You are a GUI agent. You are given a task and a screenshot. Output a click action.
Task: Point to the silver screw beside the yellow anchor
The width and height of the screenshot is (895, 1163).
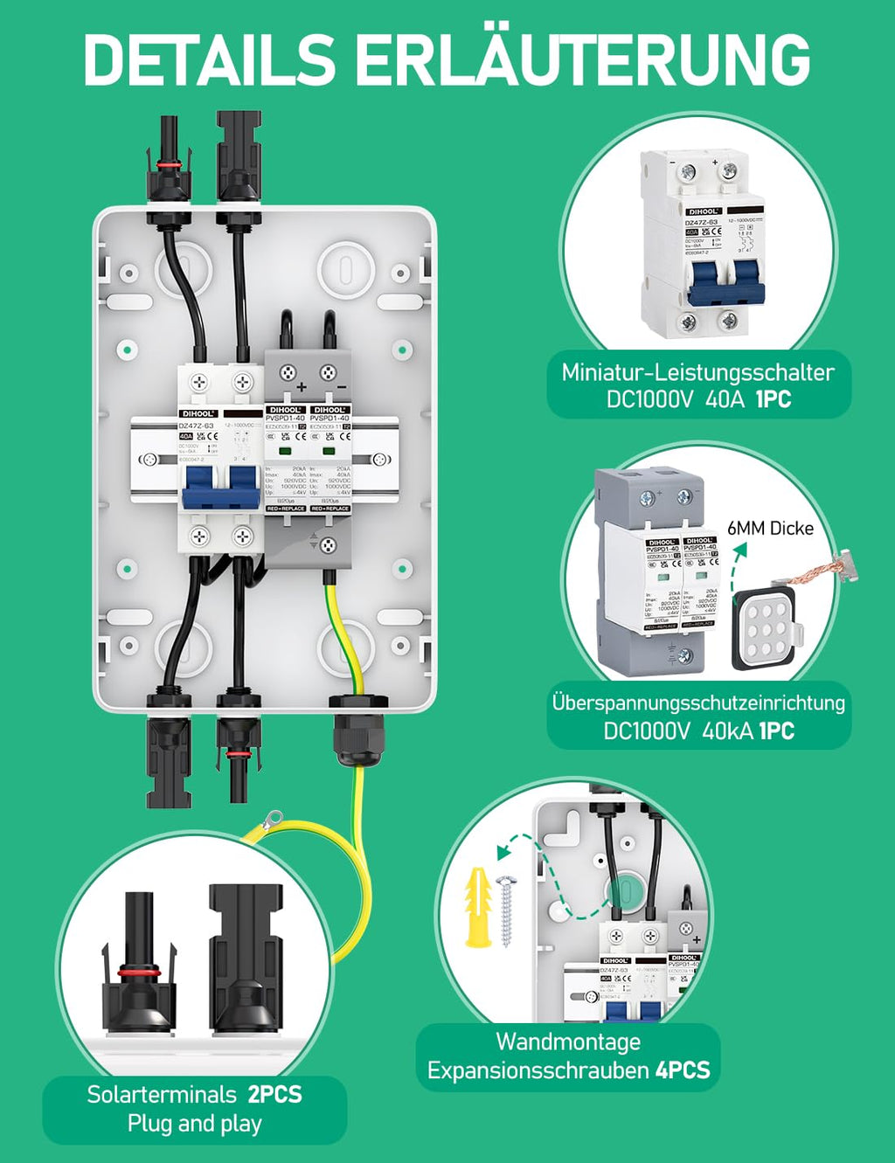coord(508,914)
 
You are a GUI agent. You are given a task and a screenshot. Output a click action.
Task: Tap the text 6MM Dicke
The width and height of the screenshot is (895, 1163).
coord(770,528)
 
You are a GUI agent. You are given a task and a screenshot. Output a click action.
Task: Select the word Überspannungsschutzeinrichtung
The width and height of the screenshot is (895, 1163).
coord(698,703)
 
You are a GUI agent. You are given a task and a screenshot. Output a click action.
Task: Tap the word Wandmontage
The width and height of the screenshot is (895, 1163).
coord(568,1042)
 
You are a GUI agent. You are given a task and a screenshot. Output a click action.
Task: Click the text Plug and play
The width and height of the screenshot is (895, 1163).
coord(194,1124)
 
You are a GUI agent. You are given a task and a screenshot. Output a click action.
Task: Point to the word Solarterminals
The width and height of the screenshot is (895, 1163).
coord(162,1094)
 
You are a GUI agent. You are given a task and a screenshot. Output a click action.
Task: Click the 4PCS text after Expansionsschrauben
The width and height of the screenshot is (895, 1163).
coord(683,1070)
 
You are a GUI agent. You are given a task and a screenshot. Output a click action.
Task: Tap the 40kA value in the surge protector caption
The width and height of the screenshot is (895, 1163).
coord(727,730)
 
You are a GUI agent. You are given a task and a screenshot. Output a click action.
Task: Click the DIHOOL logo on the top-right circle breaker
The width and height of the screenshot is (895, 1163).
coord(703,211)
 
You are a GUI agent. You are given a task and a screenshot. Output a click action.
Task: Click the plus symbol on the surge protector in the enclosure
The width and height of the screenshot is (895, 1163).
coord(302,386)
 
